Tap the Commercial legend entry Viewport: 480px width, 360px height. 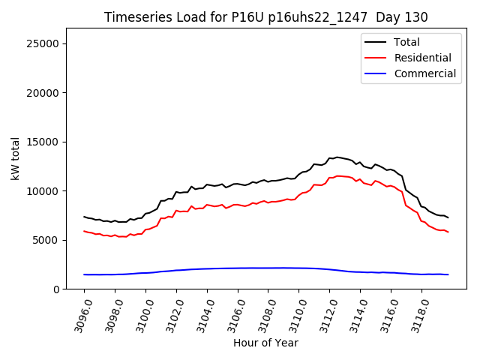pos(424,73)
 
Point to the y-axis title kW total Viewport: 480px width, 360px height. pos(16,158)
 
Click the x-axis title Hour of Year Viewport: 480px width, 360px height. pos(265,343)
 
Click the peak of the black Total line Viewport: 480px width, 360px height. pos(337,157)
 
